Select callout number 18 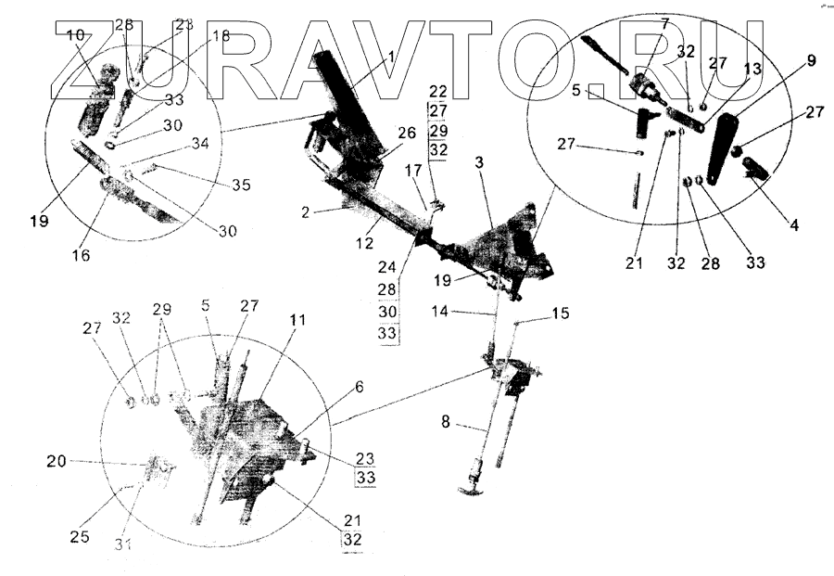[220, 36]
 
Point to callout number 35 [241, 185]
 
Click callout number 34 [200, 144]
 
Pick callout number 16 [82, 254]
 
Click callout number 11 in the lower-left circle [296, 318]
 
